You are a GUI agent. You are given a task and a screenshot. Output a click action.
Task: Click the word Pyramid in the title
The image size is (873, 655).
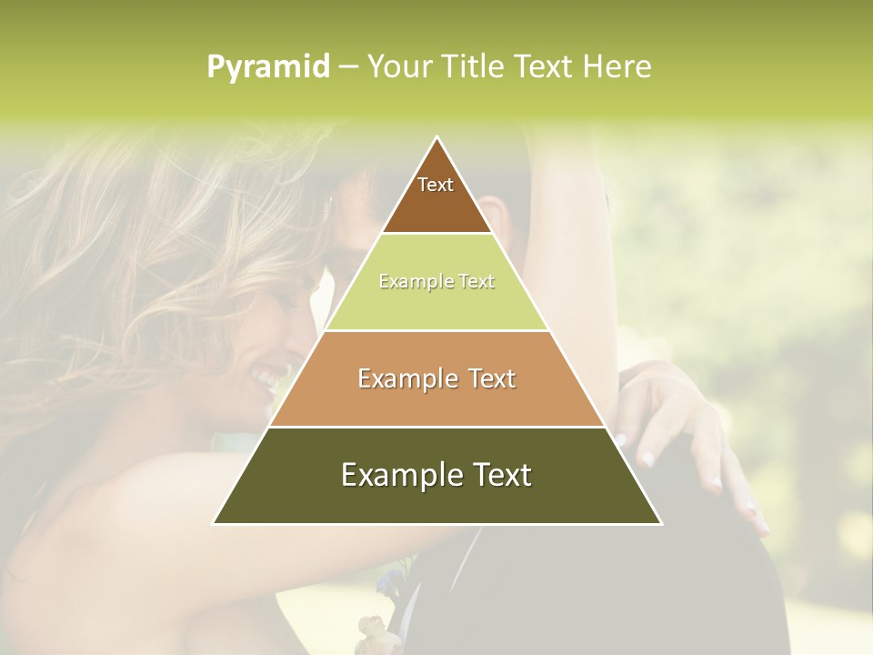pyautogui.click(x=268, y=67)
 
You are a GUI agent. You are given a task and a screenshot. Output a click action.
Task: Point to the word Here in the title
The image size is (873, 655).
pyautogui.click(x=617, y=66)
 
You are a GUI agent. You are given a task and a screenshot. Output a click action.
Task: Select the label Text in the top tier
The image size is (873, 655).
pyautogui.click(x=436, y=185)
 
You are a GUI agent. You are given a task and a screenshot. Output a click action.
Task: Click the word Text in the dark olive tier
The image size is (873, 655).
pyautogui.click(x=501, y=475)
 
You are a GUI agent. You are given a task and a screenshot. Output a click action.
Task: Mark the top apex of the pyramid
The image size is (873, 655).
pyautogui.click(x=437, y=137)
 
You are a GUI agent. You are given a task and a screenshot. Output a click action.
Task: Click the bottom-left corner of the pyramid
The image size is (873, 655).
pyautogui.click(x=215, y=523)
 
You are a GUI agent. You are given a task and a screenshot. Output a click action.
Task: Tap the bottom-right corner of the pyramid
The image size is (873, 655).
pyautogui.click(x=660, y=523)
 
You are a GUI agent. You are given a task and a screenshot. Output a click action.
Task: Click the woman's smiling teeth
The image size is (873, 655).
pyautogui.click(x=266, y=375)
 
